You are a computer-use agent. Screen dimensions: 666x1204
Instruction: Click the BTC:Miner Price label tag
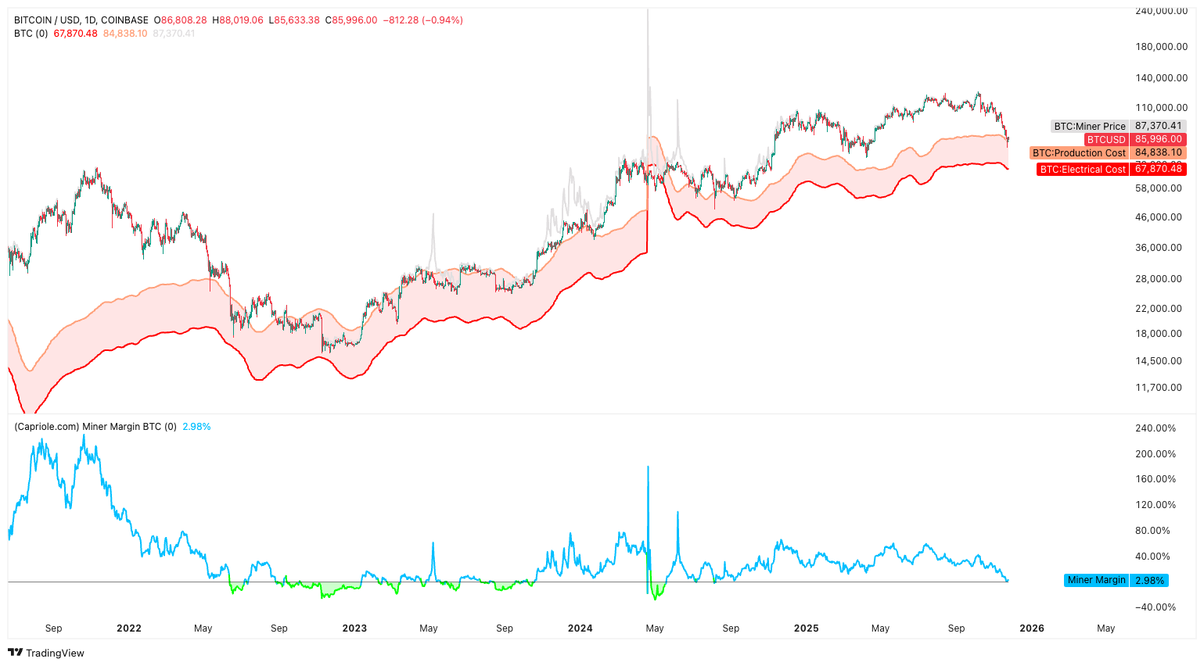tap(1090, 126)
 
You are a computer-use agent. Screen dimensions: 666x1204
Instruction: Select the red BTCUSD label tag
tap(1105, 139)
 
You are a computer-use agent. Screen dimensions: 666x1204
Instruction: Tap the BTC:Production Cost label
tap(1079, 153)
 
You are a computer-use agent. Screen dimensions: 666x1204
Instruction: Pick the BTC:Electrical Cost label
tap(1083, 169)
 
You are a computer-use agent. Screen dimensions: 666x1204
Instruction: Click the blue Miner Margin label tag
tap(1096, 580)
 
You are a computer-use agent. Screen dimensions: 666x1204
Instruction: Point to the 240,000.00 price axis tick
tap(1161, 11)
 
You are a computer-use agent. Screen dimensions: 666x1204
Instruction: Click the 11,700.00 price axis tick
tap(1158, 388)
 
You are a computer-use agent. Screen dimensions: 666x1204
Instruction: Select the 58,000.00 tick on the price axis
tap(1158, 188)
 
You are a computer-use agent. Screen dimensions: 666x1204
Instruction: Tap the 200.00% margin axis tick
tap(1155, 454)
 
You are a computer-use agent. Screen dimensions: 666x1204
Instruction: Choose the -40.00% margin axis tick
tap(1155, 607)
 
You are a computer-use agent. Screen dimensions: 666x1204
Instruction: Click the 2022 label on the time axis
tap(128, 628)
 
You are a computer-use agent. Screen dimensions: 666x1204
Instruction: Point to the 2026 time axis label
tap(1031, 628)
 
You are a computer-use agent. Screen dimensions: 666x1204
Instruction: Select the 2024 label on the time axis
tap(580, 628)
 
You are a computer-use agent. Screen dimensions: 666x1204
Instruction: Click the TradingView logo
tap(46, 653)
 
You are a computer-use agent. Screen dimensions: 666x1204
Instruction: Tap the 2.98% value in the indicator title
tap(196, 427)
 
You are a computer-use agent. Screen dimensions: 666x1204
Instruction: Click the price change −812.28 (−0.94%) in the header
tap(422, 20)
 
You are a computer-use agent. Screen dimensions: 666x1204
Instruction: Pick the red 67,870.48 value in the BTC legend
tap(75, 34)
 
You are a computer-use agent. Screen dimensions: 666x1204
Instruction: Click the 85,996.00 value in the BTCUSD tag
tap(1158, 139)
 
